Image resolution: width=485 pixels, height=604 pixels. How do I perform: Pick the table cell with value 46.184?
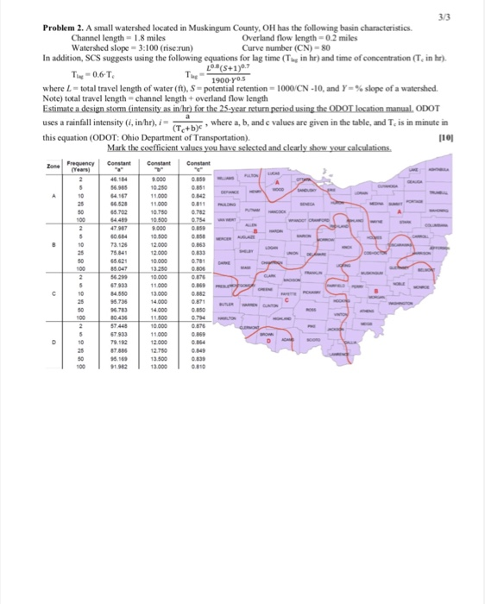[x=118, y=178]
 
